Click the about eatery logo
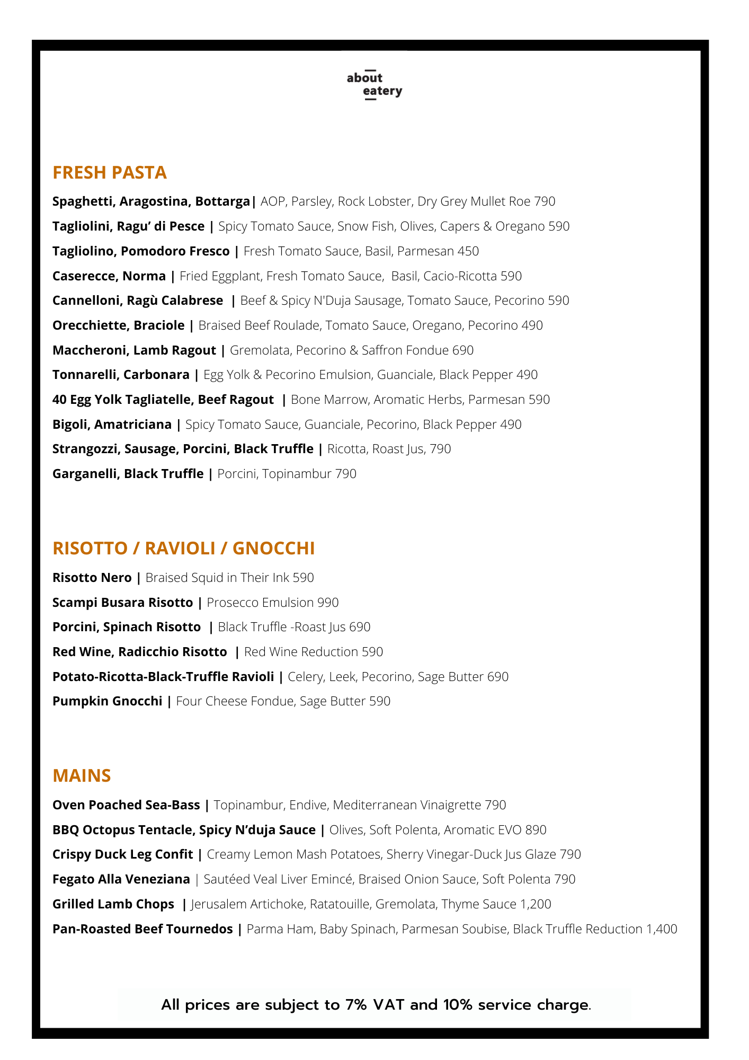coord(374,85)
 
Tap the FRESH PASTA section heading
coord(110,173)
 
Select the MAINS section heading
coord(82,775)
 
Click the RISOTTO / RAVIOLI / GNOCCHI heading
coord(183,548)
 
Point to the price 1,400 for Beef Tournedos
coord(662,929)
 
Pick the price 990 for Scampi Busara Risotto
coord(328,603)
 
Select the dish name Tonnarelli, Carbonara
coord(121,375)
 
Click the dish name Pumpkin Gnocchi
coord(107,701)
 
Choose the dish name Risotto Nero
coord(92,578)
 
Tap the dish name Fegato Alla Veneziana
coord(121,879)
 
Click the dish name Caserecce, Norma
coord(109,276)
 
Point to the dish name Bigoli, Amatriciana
coord(112,425)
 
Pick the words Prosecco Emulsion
coord(260,603)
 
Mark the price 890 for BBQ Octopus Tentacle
coord(536,830)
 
